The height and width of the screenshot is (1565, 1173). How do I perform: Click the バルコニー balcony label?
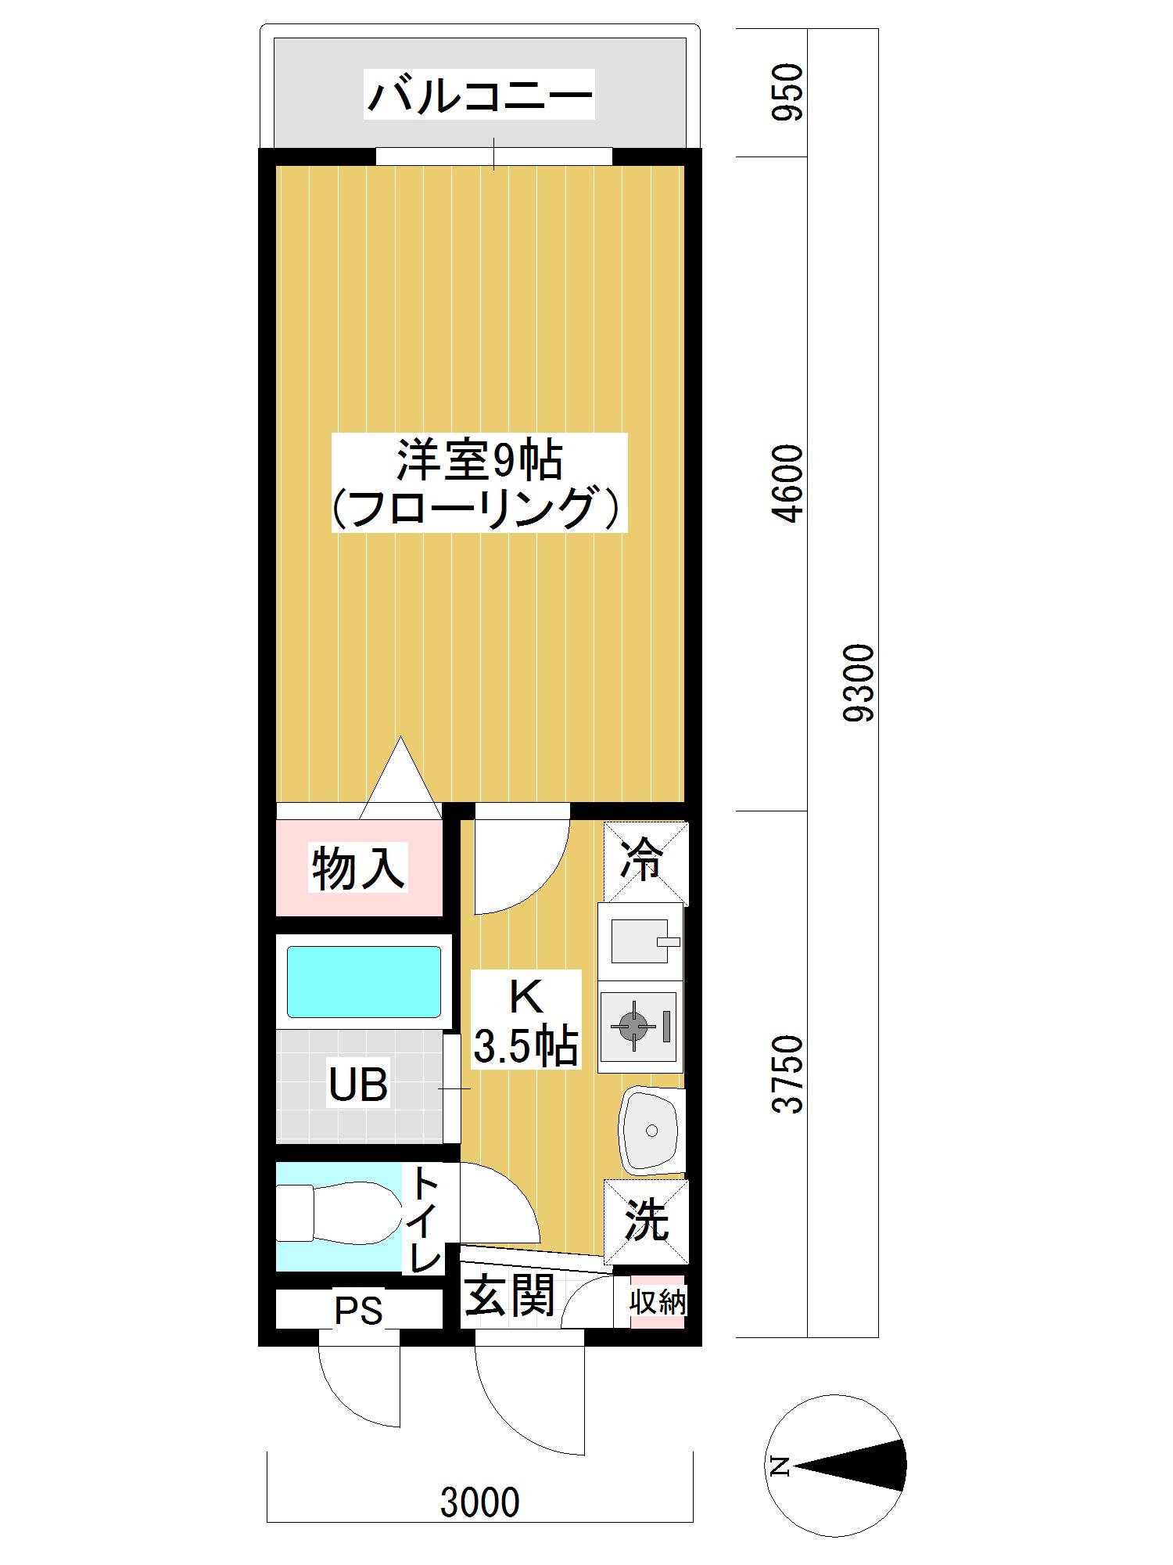[x=479, y=95]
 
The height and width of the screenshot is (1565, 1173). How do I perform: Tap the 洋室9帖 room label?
[x=479, y=460]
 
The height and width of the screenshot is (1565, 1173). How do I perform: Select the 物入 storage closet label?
[x=359, y=868]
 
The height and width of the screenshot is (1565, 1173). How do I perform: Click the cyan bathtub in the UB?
[x=364, y=981]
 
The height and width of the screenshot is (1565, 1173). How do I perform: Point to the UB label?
[x=358, y=1085]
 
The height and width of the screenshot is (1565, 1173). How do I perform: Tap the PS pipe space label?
[x=359, y=1310]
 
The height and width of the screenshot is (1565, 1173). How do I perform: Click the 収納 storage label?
[x=658, y=1302]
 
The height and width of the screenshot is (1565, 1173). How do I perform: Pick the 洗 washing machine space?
[x=646, y=1221]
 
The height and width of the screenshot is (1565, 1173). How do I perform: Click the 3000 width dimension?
[x=479, y=1502]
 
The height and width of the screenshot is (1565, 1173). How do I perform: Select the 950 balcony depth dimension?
[x=787, y=92]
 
